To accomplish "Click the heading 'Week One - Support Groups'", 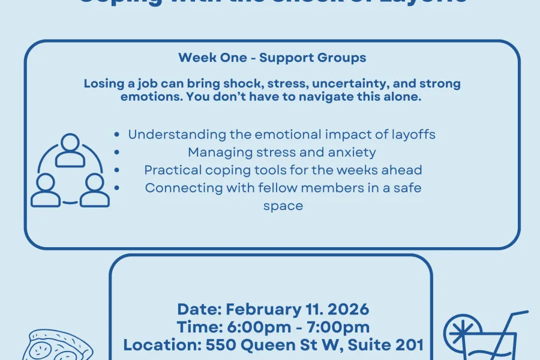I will (272, 58).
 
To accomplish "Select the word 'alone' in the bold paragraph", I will (401, 97).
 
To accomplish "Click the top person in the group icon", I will (70, 151).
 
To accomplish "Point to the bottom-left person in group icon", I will (46, 190).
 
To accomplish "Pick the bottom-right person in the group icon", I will (94, 190).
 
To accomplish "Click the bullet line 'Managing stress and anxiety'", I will (281, 152).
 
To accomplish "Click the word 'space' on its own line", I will (283, 205).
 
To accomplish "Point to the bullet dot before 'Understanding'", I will (116, 135).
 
